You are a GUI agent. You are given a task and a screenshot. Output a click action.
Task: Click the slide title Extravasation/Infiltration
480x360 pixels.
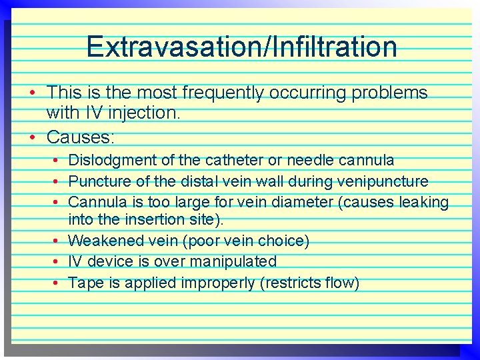point(241,47)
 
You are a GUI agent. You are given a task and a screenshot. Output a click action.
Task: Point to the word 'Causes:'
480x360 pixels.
point(81,137)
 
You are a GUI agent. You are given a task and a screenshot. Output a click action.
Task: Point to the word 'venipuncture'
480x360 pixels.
point(384,181)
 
